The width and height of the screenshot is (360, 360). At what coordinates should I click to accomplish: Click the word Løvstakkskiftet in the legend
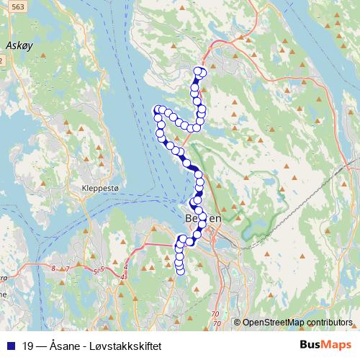130,346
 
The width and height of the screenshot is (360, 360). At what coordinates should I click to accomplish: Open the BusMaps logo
326,345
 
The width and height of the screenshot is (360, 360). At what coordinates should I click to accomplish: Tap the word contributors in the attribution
330,322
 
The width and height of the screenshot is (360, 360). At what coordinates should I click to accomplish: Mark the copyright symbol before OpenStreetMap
237,322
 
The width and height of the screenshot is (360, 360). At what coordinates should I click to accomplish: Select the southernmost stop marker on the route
181,271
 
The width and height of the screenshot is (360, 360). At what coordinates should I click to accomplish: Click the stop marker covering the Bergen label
202,217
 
